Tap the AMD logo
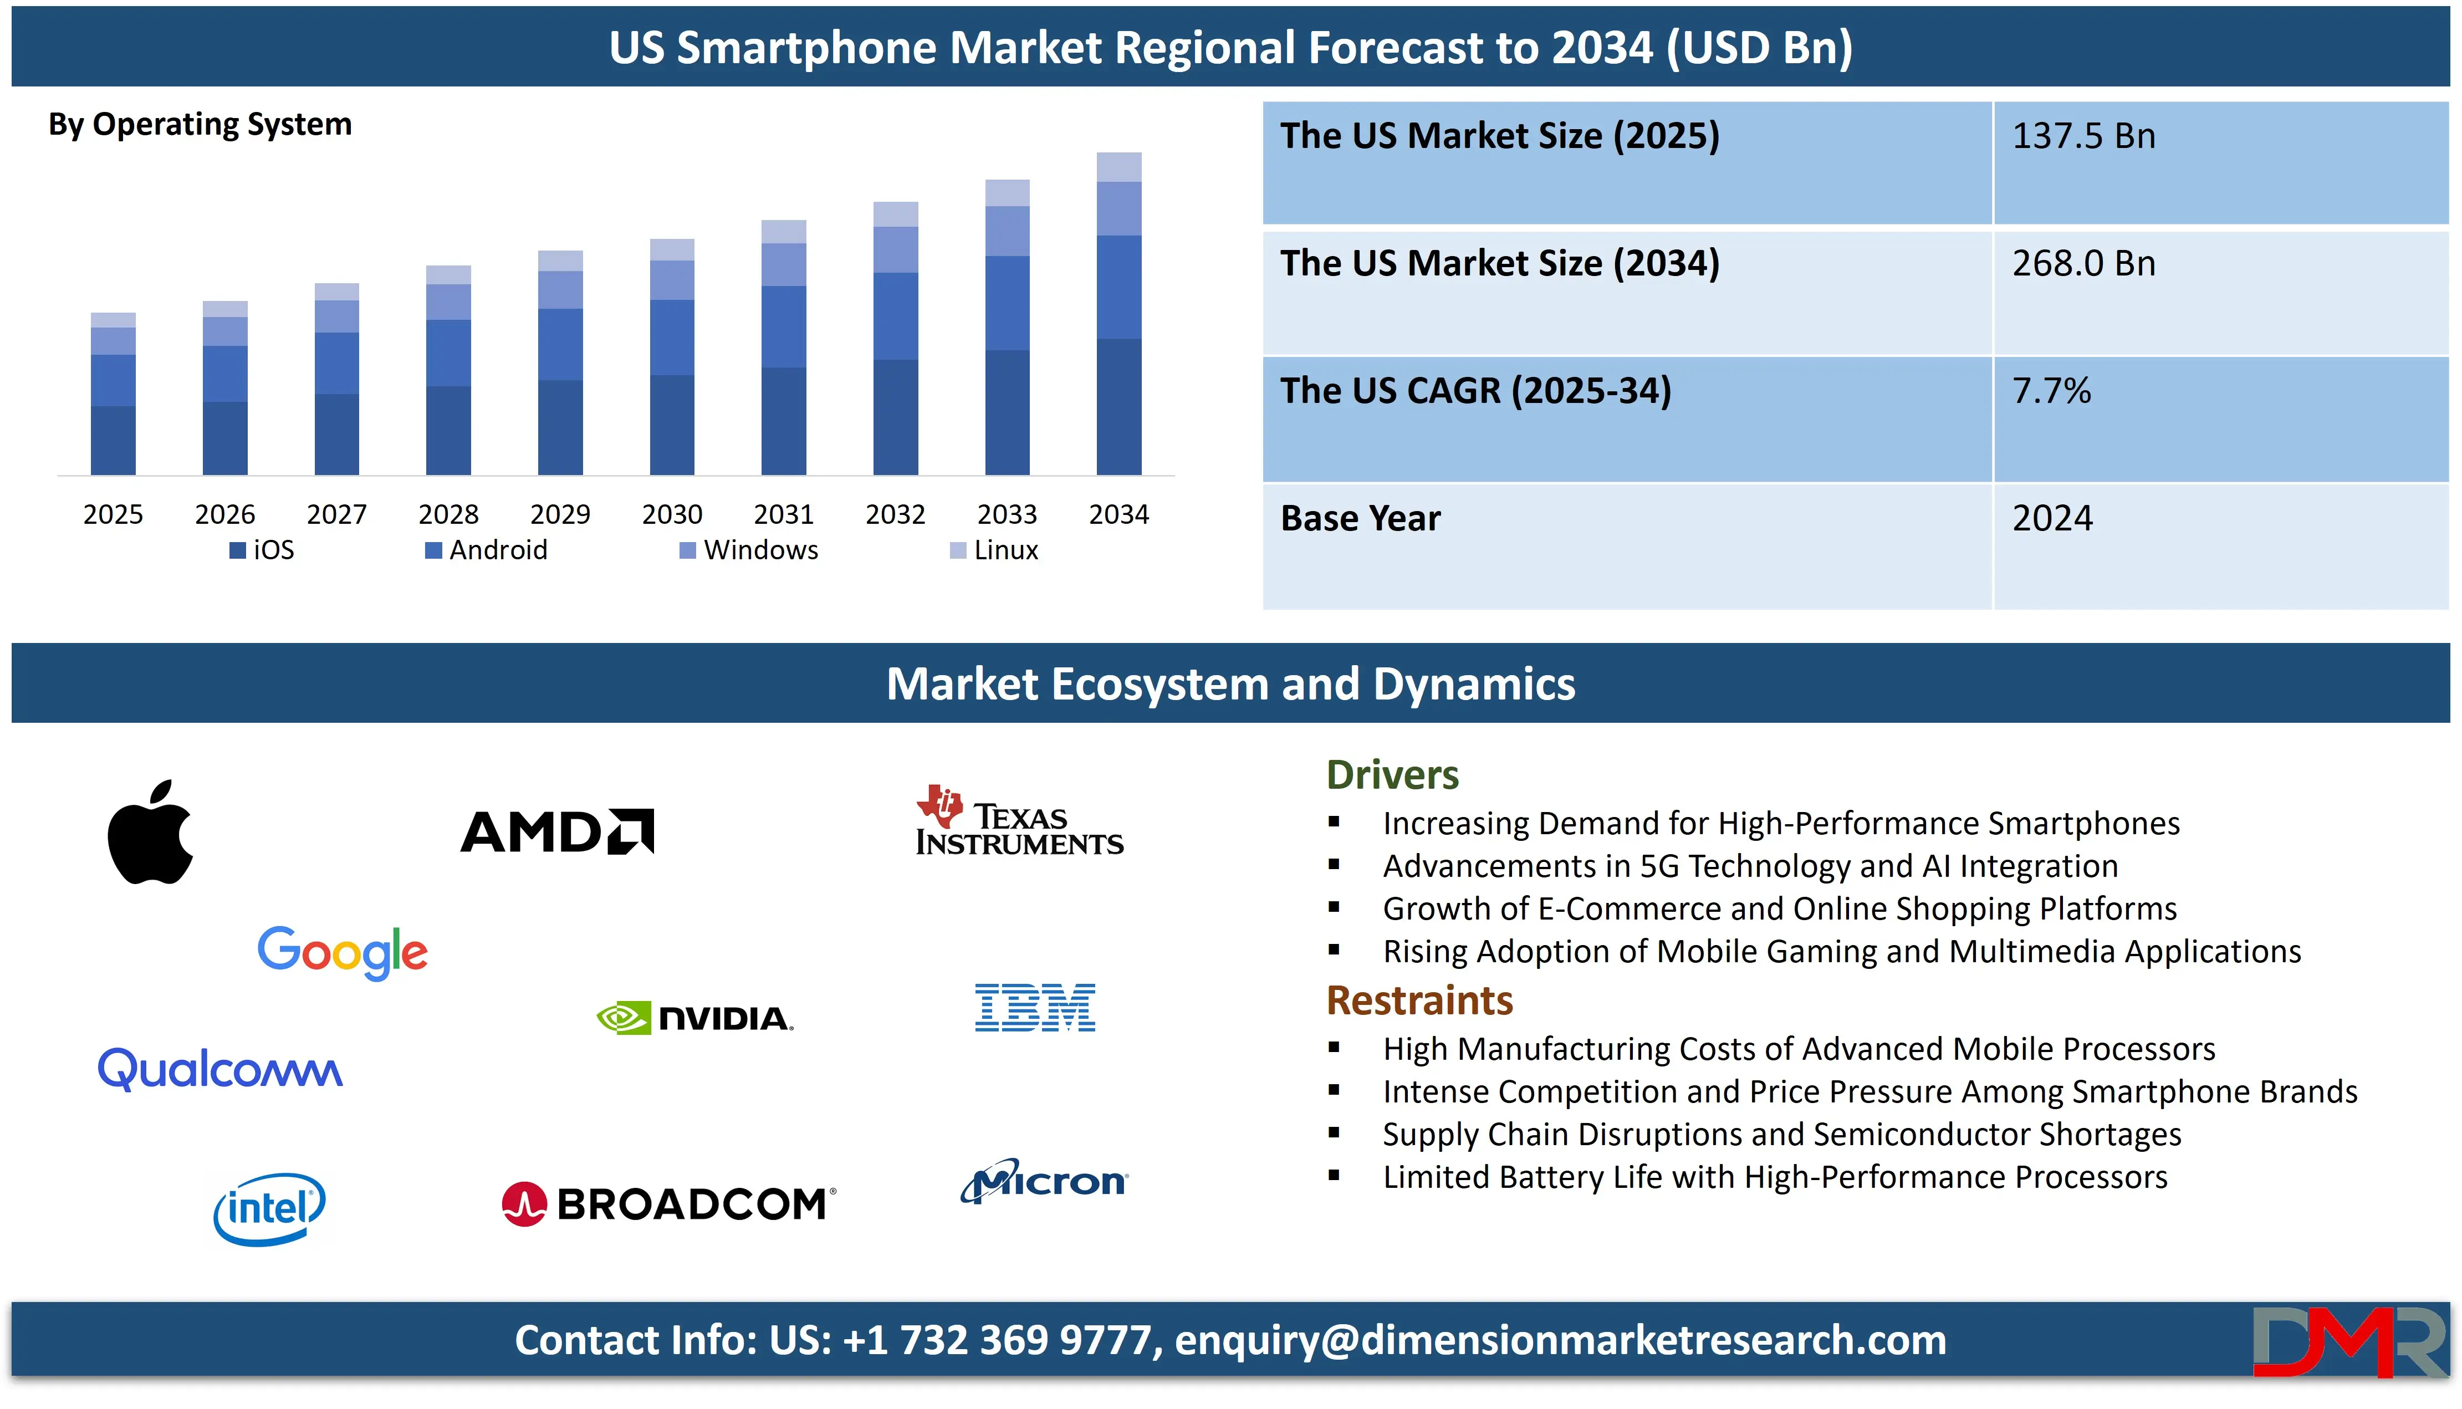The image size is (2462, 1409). coord(557,831)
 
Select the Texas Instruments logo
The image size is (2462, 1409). coord(1020,821)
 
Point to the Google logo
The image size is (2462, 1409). coord(343,952)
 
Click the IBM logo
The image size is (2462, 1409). coord(1035,1007)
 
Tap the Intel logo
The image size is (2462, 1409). coord(269,1209)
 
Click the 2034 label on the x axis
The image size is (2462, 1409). coord(1118,514)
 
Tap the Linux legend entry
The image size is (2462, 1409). coord(994,550)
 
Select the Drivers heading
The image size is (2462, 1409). coord(1392,774)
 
